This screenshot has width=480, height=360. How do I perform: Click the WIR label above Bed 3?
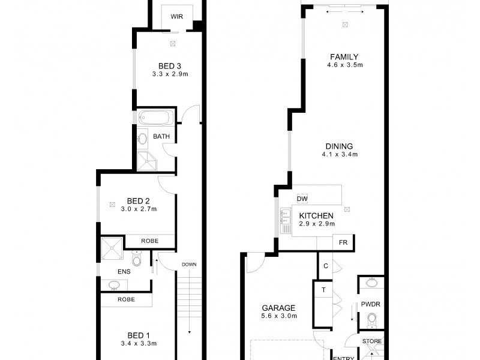[x=176, y=17]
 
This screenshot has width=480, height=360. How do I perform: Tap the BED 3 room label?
[x=170, y=66]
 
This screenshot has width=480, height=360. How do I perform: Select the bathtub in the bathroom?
[x=155, y=118]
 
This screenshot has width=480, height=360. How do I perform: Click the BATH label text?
[x=161, y=136]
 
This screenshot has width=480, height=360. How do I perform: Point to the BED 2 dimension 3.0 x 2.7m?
[x=139, y=209]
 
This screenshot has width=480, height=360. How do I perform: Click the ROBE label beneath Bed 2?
[x=150, y=241]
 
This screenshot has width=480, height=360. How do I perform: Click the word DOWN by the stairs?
[x=190, y=265]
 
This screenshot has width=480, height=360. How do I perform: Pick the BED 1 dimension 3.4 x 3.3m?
[x=139, y=344]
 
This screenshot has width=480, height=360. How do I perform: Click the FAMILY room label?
[x=344, y=57]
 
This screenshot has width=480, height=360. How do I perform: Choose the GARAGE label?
[x=278, y=307]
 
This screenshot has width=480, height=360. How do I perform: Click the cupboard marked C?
[x=324, y=266]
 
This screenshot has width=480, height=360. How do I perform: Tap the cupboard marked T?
[x=323, y=290]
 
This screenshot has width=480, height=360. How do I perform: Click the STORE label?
[x=371, y=341]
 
